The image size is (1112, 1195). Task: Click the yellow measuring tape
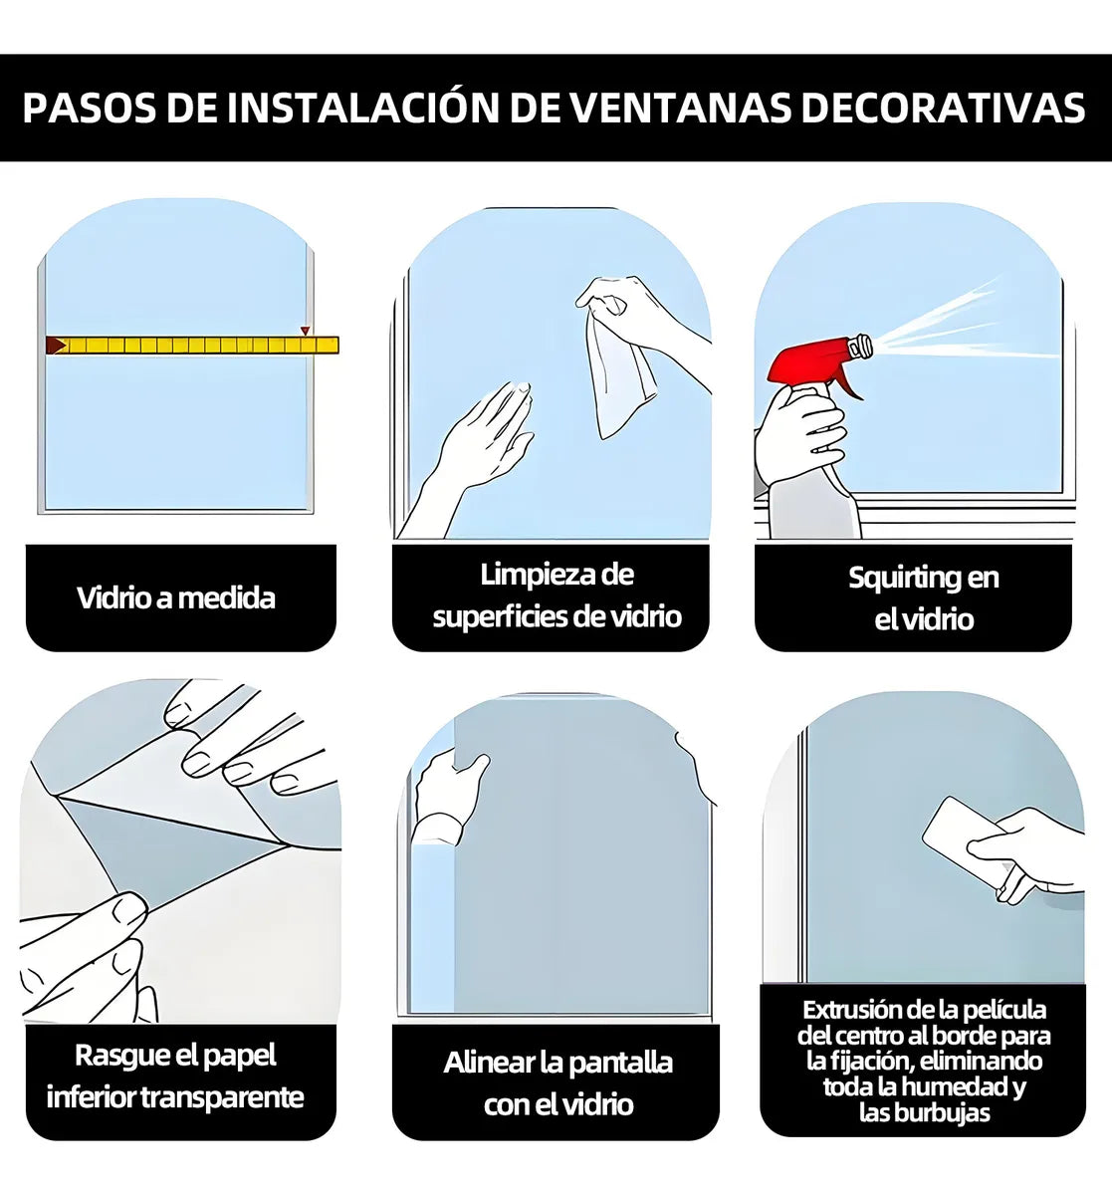click(192, 346)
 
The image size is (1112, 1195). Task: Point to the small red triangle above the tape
click(305, 331)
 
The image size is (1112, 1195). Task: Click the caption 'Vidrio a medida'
click(176, 597)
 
